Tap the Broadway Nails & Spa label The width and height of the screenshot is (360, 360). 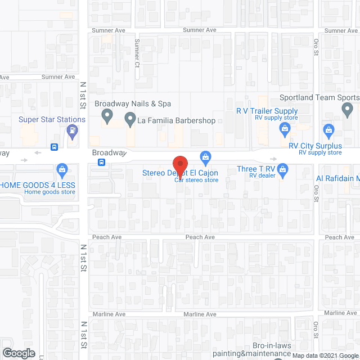(133, 103)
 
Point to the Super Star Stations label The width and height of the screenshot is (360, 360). (52, 119)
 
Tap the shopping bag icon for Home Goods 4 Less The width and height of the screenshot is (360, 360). (62, 169)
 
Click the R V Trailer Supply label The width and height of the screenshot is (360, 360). (267, 111)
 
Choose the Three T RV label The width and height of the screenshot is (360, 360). (256, 168)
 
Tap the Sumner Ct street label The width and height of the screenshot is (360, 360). (136, 52)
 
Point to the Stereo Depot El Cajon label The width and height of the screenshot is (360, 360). (180, 173)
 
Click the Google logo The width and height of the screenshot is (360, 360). (19, 353)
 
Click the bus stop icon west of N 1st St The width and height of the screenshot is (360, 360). (54, 147)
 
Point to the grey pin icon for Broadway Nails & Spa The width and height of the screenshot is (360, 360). (107, 118)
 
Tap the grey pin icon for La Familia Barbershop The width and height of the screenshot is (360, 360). (130, 119)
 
